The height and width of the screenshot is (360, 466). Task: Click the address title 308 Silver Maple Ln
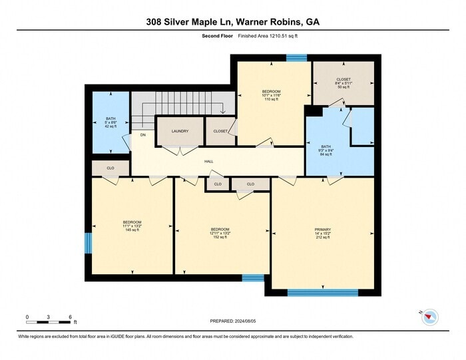[233, 21]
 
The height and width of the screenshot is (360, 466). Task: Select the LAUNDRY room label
[180, 131]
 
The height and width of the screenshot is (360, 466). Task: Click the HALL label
[208, 161]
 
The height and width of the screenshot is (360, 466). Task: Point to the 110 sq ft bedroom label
[271, 94]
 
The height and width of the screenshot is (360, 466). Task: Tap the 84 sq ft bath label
[326, 150]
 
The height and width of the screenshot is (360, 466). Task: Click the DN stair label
[142, 135]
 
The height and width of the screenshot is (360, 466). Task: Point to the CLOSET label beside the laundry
[220, 131]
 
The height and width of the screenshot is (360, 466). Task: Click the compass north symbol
[429, 317]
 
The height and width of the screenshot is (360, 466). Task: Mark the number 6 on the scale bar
[71, 317]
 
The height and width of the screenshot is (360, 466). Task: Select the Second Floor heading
[216, 37]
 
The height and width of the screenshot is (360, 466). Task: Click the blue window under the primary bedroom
[323, 292]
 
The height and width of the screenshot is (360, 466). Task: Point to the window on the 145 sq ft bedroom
[88, 243]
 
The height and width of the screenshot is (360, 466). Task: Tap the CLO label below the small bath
[111, 168]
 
